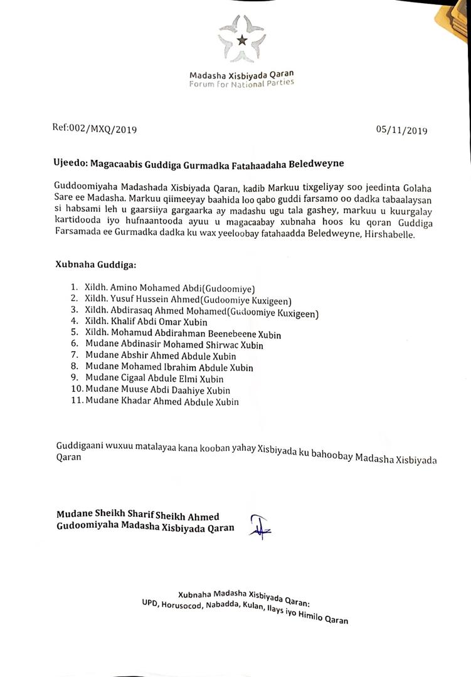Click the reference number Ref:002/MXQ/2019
point(94,129)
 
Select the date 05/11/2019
point(401,130)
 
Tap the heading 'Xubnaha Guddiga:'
point(95,266)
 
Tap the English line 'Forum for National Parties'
point(241,83)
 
